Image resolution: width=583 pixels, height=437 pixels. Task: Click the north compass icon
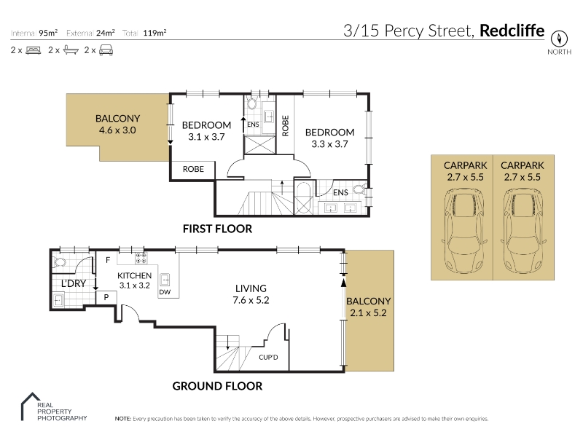coord(559,39)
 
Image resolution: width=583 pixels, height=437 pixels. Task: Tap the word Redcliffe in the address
coord(512,31)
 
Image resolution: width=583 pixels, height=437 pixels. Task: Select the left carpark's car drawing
coord(464,230)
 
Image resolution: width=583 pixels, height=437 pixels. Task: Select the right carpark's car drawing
coord(523,230)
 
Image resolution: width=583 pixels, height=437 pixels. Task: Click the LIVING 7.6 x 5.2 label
coord(251,294)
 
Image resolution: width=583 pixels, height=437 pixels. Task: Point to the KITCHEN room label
coord(134,276)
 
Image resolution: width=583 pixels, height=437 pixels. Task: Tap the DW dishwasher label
coord(165,292)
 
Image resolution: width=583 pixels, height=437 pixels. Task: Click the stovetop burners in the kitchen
coord(141,259)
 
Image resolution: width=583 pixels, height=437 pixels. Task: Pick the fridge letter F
coord(108,260)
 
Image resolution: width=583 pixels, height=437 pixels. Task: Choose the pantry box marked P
coord(106,297)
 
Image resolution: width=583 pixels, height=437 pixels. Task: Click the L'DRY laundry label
coord(74,283)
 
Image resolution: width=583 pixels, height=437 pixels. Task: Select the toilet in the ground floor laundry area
coord(59,262)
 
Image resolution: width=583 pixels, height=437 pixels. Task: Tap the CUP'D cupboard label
coord(268,358)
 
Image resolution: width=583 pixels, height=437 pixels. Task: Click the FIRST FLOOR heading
coord(217,229)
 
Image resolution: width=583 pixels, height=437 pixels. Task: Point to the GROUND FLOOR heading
coord(217,387)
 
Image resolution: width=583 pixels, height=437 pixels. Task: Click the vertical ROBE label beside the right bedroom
coord(285,125)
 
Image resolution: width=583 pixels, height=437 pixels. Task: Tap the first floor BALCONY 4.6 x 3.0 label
coord(117,125)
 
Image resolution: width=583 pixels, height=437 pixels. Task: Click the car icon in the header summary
coord(106,50)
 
